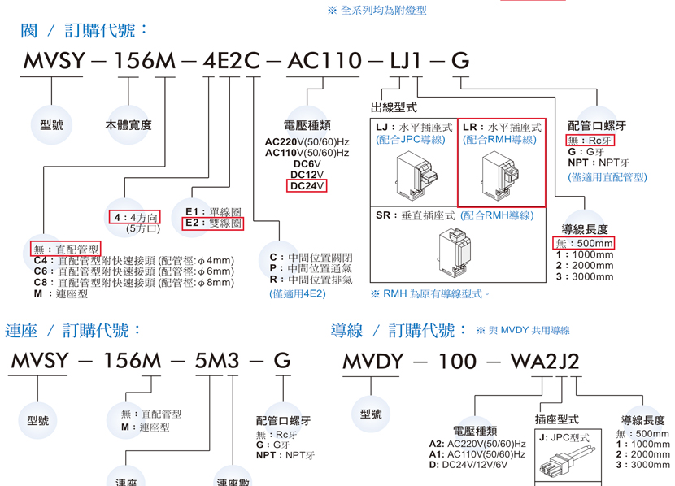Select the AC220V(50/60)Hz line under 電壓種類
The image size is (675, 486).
point(307,141)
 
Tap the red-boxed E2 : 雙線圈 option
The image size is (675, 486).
point(213,223)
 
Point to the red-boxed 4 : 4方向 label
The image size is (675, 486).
point(135,217)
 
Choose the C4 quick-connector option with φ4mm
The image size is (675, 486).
point(133,260)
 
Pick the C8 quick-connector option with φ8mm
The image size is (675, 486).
point(133,282)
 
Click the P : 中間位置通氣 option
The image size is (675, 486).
point(311,268)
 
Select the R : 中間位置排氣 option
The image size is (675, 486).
point(311,280)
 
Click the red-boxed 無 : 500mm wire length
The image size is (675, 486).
point(584,243)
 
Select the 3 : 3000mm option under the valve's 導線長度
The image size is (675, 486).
point(585,276)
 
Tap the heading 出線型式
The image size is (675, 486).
point(394,107)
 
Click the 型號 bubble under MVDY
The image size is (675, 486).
point(371,414)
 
